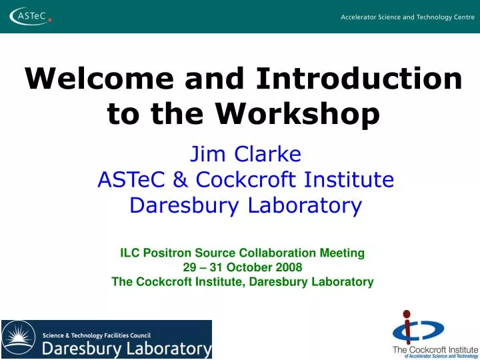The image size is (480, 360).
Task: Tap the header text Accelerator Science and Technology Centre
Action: point(407,17)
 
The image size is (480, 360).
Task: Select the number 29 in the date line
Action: point(189,267)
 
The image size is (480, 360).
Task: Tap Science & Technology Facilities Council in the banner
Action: point(97,335)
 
